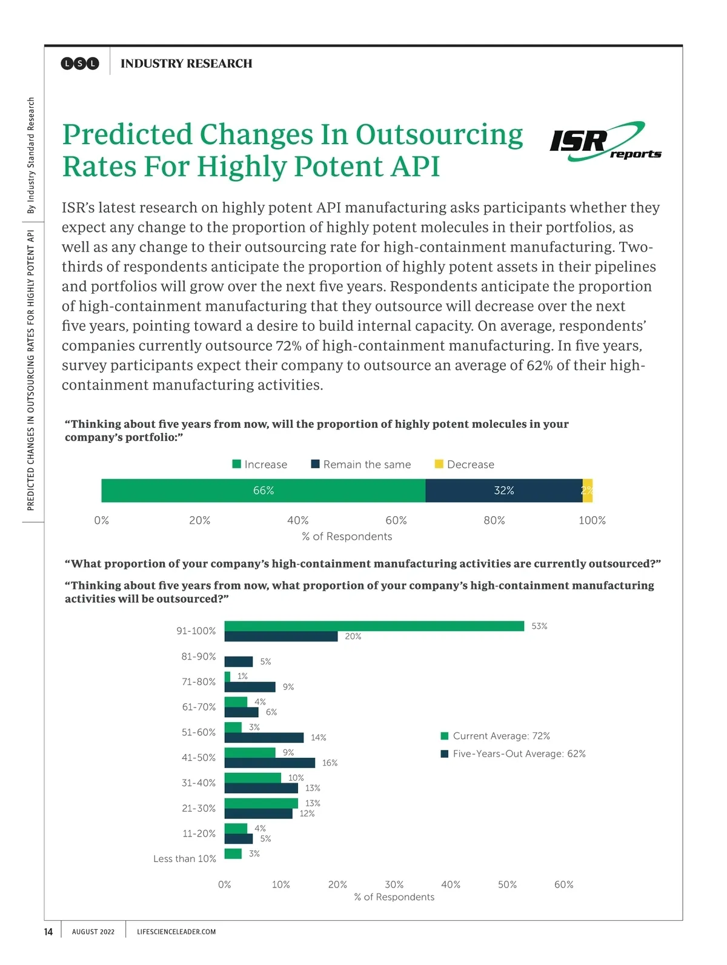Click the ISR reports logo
click(605, 142)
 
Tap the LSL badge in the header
click(80, 64)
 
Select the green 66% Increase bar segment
click(263, 491)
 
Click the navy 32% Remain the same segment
click(503, 491)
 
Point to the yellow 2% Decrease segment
click(588, 491)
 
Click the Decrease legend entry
click(465, 465)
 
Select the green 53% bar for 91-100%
click(374, 626)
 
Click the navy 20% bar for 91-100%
click(281, 637)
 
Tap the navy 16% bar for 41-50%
click(270, 763)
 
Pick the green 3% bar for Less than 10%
click(233, 854)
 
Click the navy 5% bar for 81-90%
click(238, 662)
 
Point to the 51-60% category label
click(199, 732)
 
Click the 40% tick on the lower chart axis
click(451, 884)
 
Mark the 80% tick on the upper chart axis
click(494, 520)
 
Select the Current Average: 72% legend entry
click(496, 736)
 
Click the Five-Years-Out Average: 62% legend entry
click(513, 754)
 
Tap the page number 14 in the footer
click(48, 932)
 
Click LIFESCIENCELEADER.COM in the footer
click(176, 932)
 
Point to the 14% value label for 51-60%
click(319, 738)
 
